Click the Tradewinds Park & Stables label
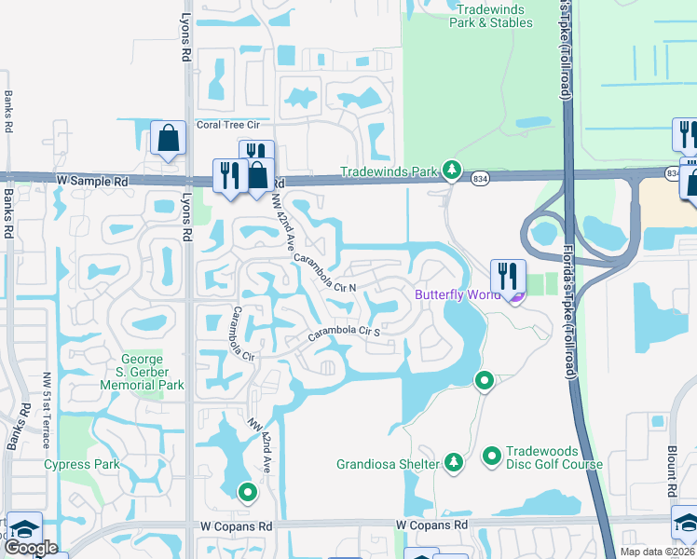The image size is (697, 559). (491, 15)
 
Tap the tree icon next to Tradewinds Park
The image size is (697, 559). (452, 170)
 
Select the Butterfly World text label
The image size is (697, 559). (457, 295)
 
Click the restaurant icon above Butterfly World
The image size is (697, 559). (508, 275)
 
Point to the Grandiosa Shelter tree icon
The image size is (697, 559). (454, 463)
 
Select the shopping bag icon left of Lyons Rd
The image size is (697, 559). (169, 140)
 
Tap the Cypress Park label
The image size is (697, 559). (79, 465)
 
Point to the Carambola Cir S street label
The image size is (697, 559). (345, 331)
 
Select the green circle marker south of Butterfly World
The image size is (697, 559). (484, 380)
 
